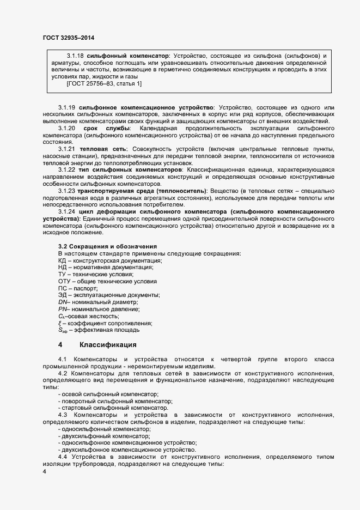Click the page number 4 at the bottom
pos(45,472)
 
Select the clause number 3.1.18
pos(75,56)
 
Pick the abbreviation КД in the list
pos(62,262)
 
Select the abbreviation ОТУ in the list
pos(64,282)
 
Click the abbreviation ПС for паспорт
pos(62,288)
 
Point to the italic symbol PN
pos(62,309)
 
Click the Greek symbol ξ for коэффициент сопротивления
pos(60,323)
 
